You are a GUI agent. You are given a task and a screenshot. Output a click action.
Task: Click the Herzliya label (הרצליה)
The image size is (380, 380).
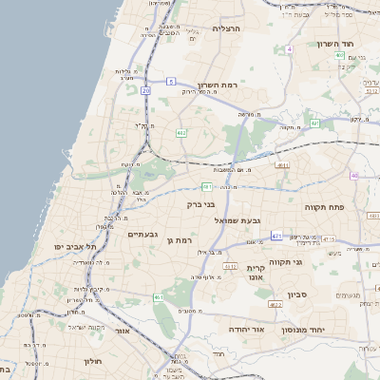pos(227,28)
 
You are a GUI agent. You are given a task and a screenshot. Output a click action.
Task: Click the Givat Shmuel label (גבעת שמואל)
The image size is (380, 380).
pos(236,220)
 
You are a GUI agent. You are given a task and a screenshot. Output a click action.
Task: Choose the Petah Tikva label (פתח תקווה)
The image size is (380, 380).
pos(322,206)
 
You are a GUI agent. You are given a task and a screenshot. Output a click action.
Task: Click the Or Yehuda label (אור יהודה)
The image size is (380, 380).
pos(249,329)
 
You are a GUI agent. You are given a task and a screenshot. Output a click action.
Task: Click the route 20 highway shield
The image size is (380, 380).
pos(145,90)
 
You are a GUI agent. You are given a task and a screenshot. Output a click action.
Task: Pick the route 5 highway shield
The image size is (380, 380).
pos(171,83)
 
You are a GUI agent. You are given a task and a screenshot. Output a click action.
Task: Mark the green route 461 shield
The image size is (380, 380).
pos(159,297)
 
